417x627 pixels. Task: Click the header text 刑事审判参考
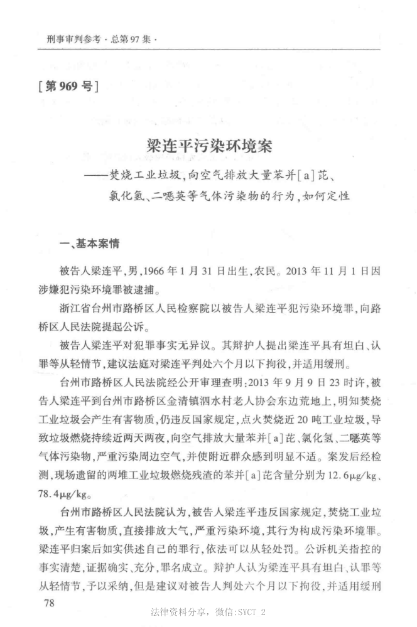click(73, 39)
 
